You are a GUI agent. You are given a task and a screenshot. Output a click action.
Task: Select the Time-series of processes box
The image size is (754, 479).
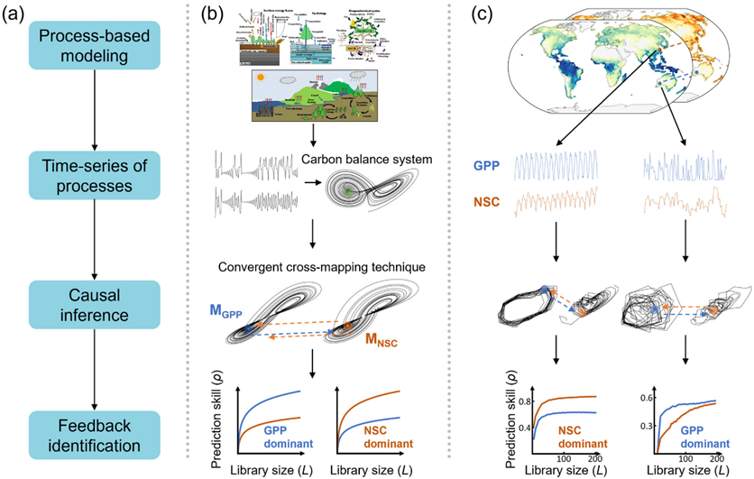pyautogui.click(x=93, y=173)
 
